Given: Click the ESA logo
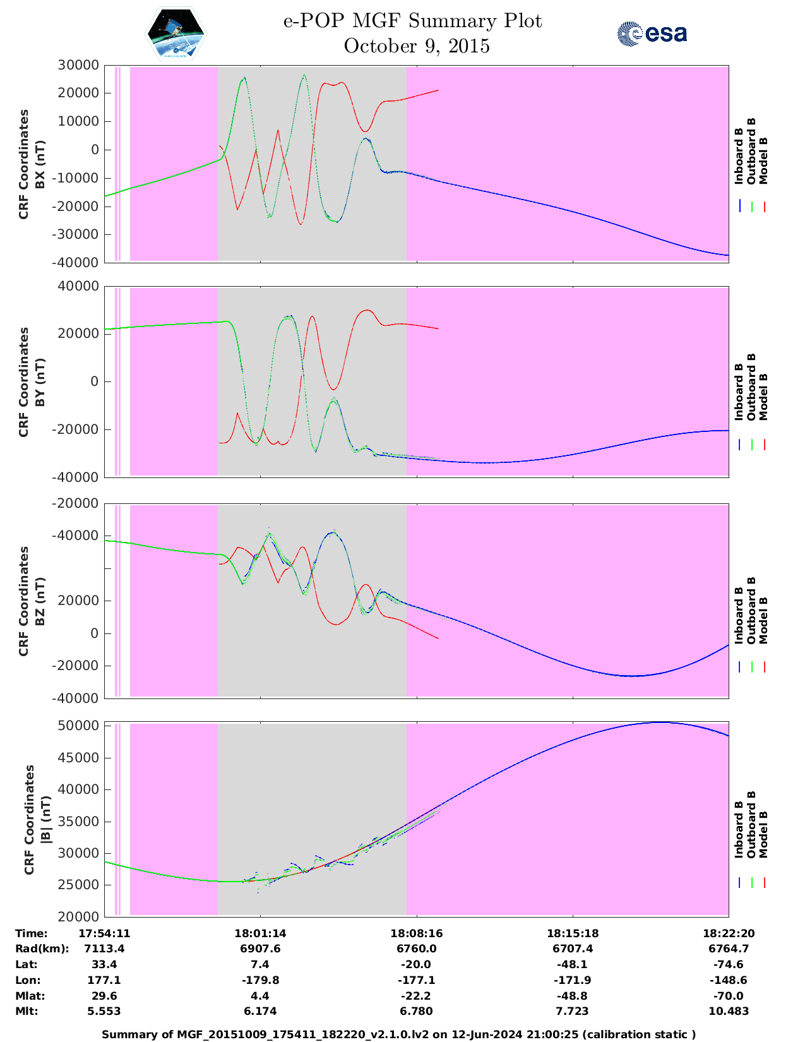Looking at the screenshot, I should [x=652, y=33].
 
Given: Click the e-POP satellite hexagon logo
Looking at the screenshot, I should [x=176, y=33].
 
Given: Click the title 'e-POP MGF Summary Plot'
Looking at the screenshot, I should [x=412, y=21].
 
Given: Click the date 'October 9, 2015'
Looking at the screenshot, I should [x=417, y=46].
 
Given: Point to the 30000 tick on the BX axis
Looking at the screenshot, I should [x=78, y=65].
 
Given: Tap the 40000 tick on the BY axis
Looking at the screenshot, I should [x=78, y=286].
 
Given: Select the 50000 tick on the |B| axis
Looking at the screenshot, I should [x=78, y=726].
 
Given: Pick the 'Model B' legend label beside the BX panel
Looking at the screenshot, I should [x=763, y=161].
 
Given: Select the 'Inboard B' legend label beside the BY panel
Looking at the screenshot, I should [x=739, y=392].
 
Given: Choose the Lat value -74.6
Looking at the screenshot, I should [x=729, y=964].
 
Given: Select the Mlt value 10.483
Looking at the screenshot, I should [x=729, y=1011].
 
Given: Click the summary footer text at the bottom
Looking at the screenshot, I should [x=399, y=1034].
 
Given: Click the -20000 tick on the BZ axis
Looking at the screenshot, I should [x=78, y=503].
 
